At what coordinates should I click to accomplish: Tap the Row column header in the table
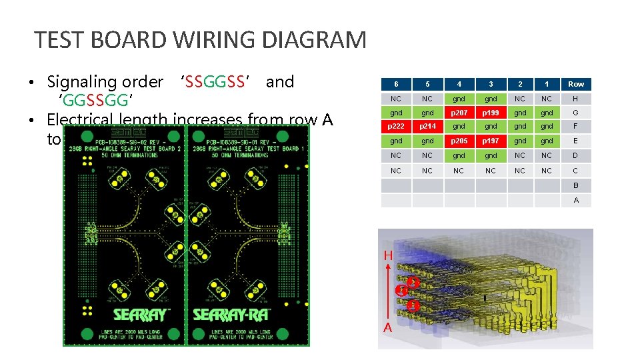pos(576,84)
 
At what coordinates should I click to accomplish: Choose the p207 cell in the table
pos(459,113)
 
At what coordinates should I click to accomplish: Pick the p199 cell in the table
pos(491,113)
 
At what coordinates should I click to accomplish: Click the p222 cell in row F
pos(396,127)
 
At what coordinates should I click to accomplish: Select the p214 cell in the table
pos(428,127)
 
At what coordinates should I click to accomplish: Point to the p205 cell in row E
pos(459,141)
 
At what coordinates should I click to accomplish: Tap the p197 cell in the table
pos(491,141)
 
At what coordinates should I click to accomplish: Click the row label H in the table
pos(576,99)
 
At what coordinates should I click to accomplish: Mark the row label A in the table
pos(576,200)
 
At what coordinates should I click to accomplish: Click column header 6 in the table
pos(396,84)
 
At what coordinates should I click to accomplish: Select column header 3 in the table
pos(491,84)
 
